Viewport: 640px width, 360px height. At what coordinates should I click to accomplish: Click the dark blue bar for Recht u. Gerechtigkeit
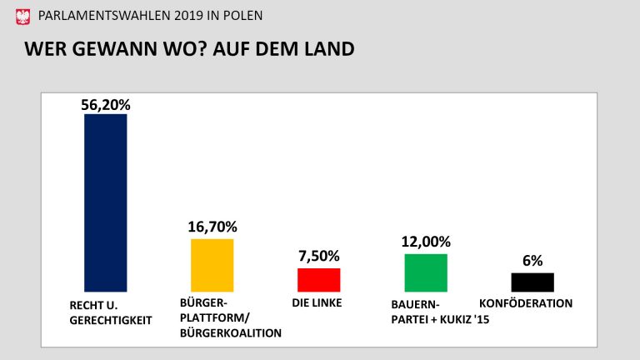click(x=106, y=202)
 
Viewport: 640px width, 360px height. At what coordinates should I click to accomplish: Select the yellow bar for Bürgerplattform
click(x=212, y=264)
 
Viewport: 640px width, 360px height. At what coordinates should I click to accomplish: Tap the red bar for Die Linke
click(x=319, y=279)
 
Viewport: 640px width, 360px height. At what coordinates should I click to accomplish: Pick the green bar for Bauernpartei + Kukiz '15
click(x=426, y=272)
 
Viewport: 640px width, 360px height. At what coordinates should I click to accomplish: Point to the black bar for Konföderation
click(x=532, y=282)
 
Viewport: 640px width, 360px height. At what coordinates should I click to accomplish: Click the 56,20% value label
click(x=106, y=104)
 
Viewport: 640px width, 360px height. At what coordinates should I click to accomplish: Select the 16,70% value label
click(x=212, y=227)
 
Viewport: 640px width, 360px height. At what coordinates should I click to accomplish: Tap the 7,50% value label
click(x=319, y=256)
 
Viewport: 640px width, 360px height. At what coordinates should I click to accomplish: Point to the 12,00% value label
click(x=426, y=242)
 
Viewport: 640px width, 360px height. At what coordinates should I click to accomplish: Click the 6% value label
click(x=532, y=261)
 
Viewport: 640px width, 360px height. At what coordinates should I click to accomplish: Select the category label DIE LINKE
click(x=317, y=303)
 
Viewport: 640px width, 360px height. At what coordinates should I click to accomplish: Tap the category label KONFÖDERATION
click(x=526, y=303)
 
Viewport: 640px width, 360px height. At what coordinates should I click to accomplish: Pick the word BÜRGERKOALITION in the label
click(x=231, y=332)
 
